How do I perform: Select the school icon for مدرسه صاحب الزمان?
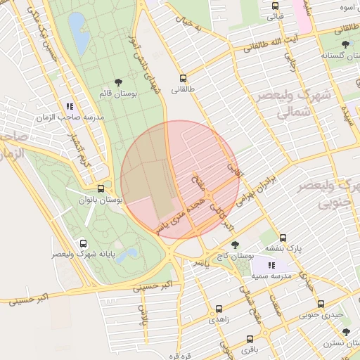(x=70, y=106)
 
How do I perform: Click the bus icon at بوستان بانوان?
(x=101, y=189)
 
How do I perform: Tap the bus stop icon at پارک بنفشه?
(x=283, y=238)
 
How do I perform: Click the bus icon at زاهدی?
(x=219, y=308)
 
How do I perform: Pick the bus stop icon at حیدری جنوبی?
(x=321, y=304)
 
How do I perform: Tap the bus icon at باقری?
(x=250, y=339)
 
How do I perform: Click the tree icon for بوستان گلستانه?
(x=345, y=44)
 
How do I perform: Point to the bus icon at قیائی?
(x=275, y=6)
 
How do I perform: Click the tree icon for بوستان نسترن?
(x=345, y=333)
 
